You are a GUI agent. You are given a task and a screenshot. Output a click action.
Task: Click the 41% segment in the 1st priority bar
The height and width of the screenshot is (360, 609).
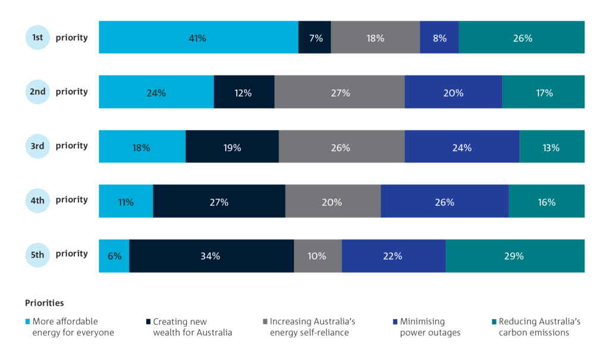pyautogui.click(x=198, y=38)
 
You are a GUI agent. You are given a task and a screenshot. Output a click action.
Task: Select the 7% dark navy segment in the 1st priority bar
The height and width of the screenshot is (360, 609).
pyautogui.click(x=315, y=38)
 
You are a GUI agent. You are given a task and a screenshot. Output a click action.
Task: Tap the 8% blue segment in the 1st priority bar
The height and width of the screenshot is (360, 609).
pyautogui.click(x=439, y=38)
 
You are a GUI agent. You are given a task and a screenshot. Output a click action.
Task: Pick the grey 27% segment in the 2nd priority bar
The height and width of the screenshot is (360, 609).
pyautogui.click(x=340, y=92)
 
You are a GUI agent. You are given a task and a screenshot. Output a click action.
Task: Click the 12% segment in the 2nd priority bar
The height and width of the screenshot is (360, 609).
pyautogui.click(x=244, y=92)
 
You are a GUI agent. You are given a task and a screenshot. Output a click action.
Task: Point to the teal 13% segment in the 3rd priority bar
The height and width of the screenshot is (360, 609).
pyautogui.click(x=552, y=147)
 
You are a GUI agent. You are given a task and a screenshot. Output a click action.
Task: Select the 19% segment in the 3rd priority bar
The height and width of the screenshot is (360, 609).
pyautogui.click(x=232, y=147)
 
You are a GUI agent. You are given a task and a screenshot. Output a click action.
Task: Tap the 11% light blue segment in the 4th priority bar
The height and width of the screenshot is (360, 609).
pyautogui.click(x=125, y=202)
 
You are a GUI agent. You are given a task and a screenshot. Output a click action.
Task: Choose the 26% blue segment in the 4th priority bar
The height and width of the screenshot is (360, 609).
pyautogui.click(x=444, y=202)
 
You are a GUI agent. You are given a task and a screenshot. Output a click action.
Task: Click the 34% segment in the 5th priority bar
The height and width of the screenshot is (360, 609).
pyautogui.click(x=211, y=256)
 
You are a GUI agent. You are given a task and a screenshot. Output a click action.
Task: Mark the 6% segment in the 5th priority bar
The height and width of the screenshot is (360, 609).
pyautogui.click(x=114, y=256)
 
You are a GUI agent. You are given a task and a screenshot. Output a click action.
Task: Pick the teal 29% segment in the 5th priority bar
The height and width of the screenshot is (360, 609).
pyautogui.click(x=515, y=256)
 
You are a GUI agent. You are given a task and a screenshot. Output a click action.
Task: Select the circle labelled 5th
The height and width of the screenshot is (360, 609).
pyautogui.click(x=37, y=255)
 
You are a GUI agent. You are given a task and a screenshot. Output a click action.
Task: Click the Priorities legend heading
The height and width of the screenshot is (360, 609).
pyautogui.click(x=44, y=303)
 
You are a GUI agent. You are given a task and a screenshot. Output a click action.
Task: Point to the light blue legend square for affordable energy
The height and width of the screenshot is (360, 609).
pyautogui.click(x=28, y=321)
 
